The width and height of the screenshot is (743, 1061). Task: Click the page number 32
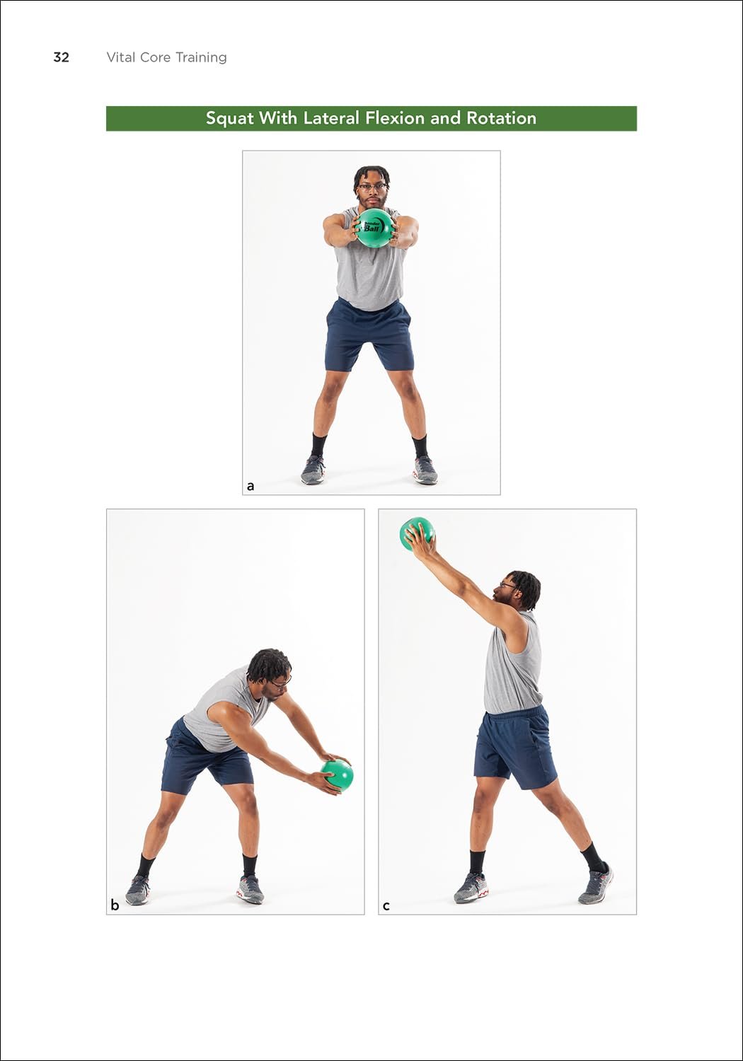click(61, 57)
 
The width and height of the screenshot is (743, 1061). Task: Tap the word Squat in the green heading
click(230, 118)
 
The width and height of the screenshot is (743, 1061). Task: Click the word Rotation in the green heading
click(501, 117)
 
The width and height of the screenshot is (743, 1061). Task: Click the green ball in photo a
click(375, 228)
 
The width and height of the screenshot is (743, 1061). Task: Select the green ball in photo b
click(337, 775)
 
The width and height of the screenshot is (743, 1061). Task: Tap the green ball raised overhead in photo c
click(417, 534)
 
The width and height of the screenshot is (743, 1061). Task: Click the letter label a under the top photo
click(250, 486)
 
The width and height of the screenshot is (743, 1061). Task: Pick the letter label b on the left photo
click(115, 905)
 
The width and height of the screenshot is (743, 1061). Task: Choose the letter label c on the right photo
click(386, 906)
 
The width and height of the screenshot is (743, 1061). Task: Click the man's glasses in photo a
click(372, 187)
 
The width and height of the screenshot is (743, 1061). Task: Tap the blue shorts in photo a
click(369, 335)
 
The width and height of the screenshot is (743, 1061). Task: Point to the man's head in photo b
click(269, 674)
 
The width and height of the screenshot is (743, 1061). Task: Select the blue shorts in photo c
click(516, 748)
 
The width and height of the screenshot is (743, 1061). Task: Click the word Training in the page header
click(201, 58)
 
